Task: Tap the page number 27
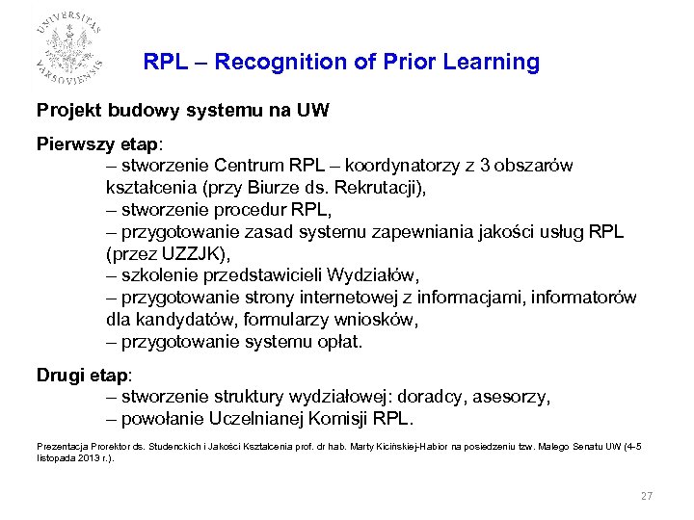pos(647,496)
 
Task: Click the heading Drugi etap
pos(84,375)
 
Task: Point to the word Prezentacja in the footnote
pos(61,447)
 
